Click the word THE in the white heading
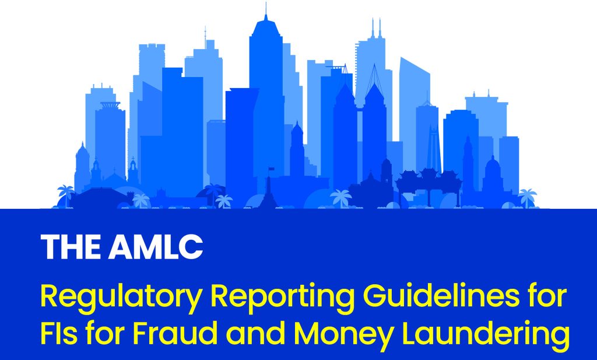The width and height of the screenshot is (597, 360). click(x=71, y=247)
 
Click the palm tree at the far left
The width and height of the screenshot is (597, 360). click(x=65, y=195)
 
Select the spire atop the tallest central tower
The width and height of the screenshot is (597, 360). click(x=266, y=12)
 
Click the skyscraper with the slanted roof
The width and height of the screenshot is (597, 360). click(x=415, y=114)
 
